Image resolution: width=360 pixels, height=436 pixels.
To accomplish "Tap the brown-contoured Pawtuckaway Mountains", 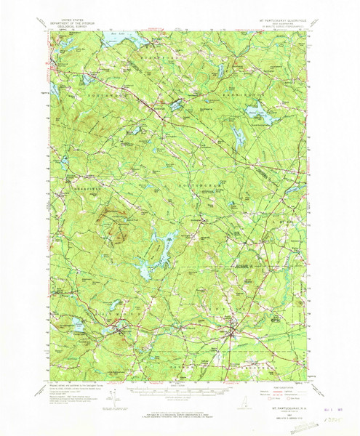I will [116, 225].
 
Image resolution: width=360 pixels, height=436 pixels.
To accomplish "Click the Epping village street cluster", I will [233, 334].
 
